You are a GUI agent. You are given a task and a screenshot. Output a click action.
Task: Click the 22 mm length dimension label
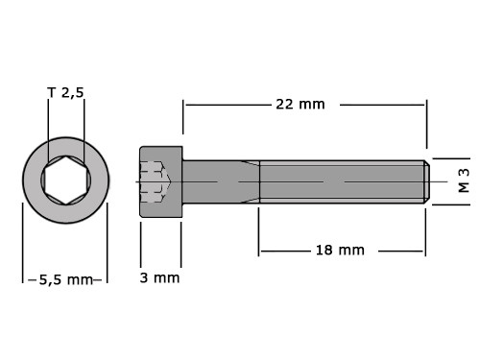(x=300, y=105)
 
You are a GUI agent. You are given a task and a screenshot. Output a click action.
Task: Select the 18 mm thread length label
(x=340, y=251)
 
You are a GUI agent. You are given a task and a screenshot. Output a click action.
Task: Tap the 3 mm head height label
(x=159, y=277)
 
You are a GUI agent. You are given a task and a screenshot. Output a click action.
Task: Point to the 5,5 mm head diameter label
(x=65, y=280)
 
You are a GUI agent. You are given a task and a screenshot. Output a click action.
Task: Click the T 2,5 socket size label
(x=65, y=93)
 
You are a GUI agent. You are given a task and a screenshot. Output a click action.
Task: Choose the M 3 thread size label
(x=464, y=180)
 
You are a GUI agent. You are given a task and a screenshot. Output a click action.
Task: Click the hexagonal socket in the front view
(x=66, y=180)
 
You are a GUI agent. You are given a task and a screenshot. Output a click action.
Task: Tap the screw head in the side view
(x=161, y=181)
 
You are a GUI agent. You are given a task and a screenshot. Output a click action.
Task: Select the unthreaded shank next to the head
(x=221, y=181)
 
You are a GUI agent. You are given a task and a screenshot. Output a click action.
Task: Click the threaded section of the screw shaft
(x=342, y=181)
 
